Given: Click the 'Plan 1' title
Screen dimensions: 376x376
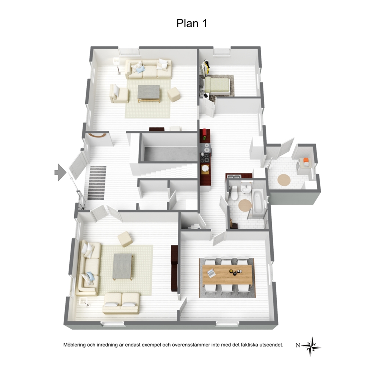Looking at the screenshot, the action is (191, 23).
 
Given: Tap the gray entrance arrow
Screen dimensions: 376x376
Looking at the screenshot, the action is (60, 172).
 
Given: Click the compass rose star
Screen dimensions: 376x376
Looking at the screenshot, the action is (311, 346).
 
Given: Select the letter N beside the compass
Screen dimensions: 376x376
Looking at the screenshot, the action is (298, 345).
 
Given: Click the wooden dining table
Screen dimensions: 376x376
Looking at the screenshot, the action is (227, 275).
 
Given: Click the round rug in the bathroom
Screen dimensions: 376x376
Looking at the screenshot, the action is (245, 205).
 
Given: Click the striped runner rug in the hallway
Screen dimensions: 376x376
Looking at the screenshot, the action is (97, 183).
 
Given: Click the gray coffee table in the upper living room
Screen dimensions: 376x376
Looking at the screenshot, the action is (149, 94).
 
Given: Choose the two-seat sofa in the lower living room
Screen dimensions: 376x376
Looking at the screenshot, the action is (121, 303).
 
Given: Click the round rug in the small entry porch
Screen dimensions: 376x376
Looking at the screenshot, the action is (284, 180).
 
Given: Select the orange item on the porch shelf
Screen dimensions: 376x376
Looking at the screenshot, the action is (305, 160).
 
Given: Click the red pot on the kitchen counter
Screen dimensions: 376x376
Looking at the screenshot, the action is (205, 132).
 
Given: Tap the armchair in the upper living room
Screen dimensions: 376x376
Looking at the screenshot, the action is (119, 93).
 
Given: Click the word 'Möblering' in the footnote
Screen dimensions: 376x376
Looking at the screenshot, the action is (74, 345).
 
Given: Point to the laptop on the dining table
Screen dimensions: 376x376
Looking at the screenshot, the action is (211, 273).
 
